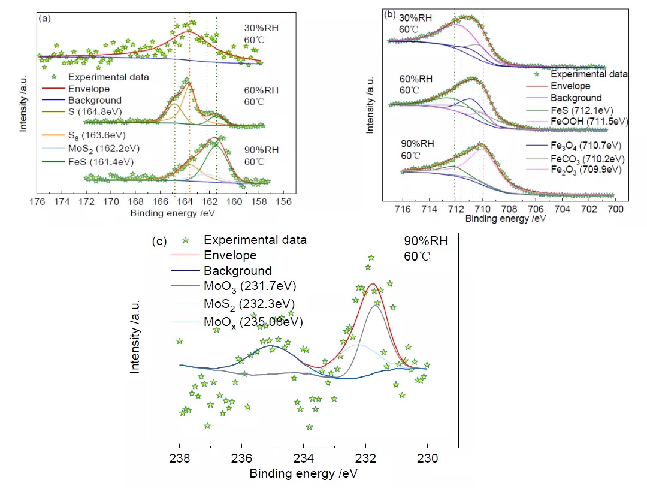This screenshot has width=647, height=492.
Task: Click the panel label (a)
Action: (x=44, y=19)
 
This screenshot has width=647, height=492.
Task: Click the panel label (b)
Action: (x=389, y=13)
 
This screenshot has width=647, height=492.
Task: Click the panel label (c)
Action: (x=159, y=242)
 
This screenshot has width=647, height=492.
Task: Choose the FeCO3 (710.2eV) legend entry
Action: (x=587, y=159)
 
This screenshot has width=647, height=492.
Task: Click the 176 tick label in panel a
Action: (x=38, y=201)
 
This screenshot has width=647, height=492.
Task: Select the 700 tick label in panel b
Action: (x=616, y=209)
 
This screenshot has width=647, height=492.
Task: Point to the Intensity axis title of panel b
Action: (x=370, y=105)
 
